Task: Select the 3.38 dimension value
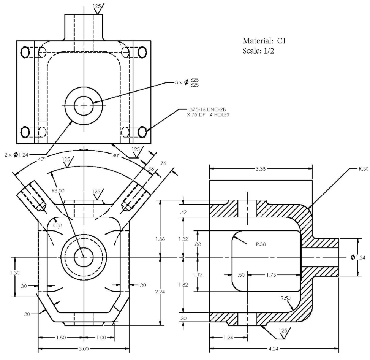[261, 169]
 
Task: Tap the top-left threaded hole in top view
[25, 52]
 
